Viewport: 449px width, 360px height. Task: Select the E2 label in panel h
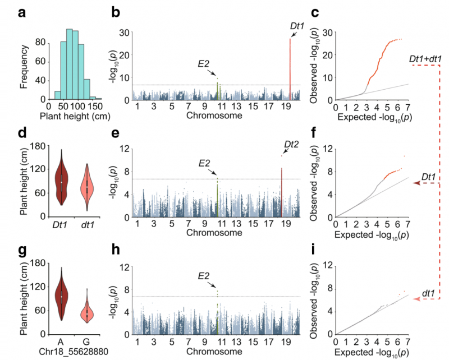(205, 275)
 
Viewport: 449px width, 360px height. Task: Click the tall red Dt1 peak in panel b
(290, 67)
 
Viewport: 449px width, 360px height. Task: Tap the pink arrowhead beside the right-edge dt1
(415, 300)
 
